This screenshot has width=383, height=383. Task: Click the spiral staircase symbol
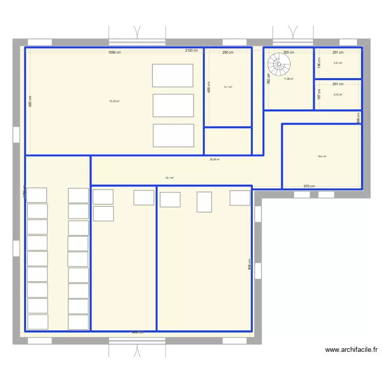click(280, 65)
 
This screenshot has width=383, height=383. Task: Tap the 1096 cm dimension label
click(114, 53)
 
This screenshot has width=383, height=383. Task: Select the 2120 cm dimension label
click(192, 51)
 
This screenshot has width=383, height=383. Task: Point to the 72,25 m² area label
click(114, 101)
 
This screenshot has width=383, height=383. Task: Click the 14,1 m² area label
click(228, 87)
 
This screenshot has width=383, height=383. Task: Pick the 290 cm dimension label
click(228, 53)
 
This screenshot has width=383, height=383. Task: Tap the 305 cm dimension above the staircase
click(289, 53)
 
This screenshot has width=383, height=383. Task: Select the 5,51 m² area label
click(338, 63)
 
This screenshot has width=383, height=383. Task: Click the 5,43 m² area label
click(338, 94)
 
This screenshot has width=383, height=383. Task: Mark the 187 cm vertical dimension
click(319, 94)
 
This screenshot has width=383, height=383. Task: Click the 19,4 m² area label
click(322, 157)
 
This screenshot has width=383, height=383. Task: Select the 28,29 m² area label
click(214, 159)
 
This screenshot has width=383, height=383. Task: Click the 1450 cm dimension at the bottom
click(137, 332)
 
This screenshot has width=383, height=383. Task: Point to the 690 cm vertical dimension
click(30, 102)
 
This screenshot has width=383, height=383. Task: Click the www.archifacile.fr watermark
click(351, 350)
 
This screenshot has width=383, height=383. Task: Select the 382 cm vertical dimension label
click(269, 78)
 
